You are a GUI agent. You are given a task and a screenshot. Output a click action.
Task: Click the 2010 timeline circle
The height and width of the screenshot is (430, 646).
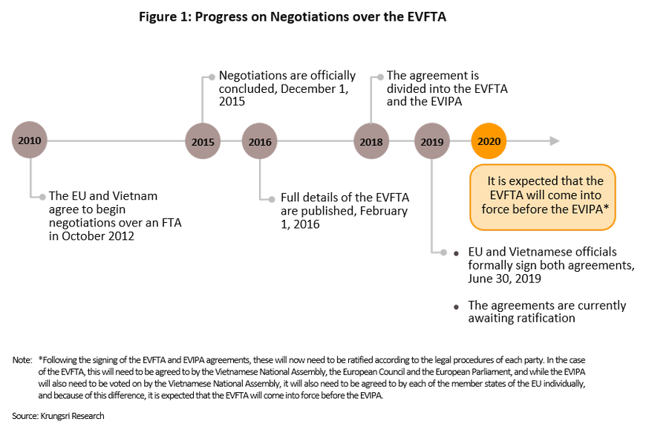point(30,140)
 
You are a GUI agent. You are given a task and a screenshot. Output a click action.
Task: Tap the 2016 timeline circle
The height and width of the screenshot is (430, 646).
point(260,140)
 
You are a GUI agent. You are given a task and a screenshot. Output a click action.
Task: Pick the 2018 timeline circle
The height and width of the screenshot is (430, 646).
point(371,140)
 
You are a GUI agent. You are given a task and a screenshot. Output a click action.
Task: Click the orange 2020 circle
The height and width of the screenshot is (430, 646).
point(489,140)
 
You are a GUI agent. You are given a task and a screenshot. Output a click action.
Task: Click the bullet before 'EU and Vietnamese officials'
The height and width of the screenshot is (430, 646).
point(455,253)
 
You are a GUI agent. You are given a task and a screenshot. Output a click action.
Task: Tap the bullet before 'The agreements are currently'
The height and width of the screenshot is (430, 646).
point(455,307)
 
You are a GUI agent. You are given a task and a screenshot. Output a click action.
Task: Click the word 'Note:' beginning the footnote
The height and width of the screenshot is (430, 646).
point(22,360)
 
